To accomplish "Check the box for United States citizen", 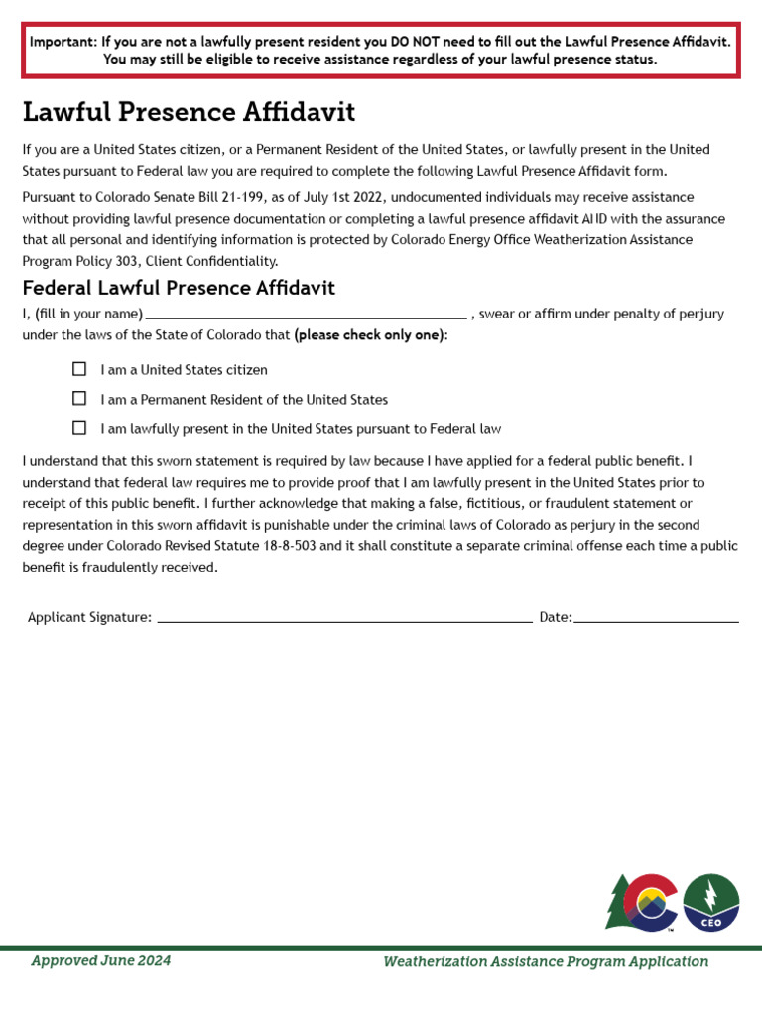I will pyautogui.click(x=79, y=369).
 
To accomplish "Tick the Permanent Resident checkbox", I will pyautogui.click(x=79, y=399).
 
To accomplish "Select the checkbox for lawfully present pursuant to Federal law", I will pyautogui.click(x=79, y=429).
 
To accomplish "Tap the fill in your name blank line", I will pyautogui.click(x=306, y=315).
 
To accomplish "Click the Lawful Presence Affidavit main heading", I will pyautogui.click(x=189, y=111).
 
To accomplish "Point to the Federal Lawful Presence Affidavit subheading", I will pyautogui.click(x=179, y=288).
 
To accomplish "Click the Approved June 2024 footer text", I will pyautogui.click(x=100, y=960).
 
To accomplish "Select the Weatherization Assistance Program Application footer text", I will pyautogui.click(x=546, y=961).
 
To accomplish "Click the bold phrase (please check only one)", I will pyautogui.click(x=369, y=335).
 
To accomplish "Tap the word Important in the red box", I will pyautogui.click(x=62, y=42).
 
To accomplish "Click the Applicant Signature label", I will pyautogui.click(x=89, y=617).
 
